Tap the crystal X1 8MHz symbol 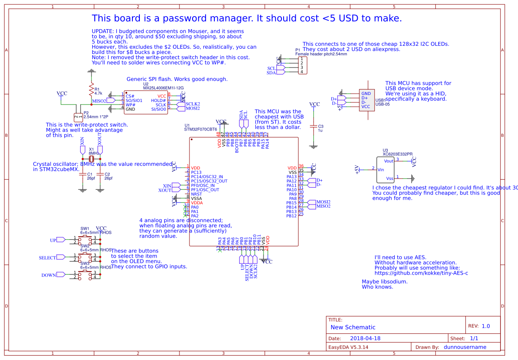click(91, 159)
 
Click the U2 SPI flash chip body click(146, 102)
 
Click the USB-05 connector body click(366, 100)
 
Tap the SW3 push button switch click(85, 275)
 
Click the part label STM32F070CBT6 click(200, 129)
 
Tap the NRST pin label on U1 click(196, 194)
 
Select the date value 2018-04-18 click(365, 338)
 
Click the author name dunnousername click(465, 347)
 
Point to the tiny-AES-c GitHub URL click(421, 273)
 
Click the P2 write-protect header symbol click(78, 117)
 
